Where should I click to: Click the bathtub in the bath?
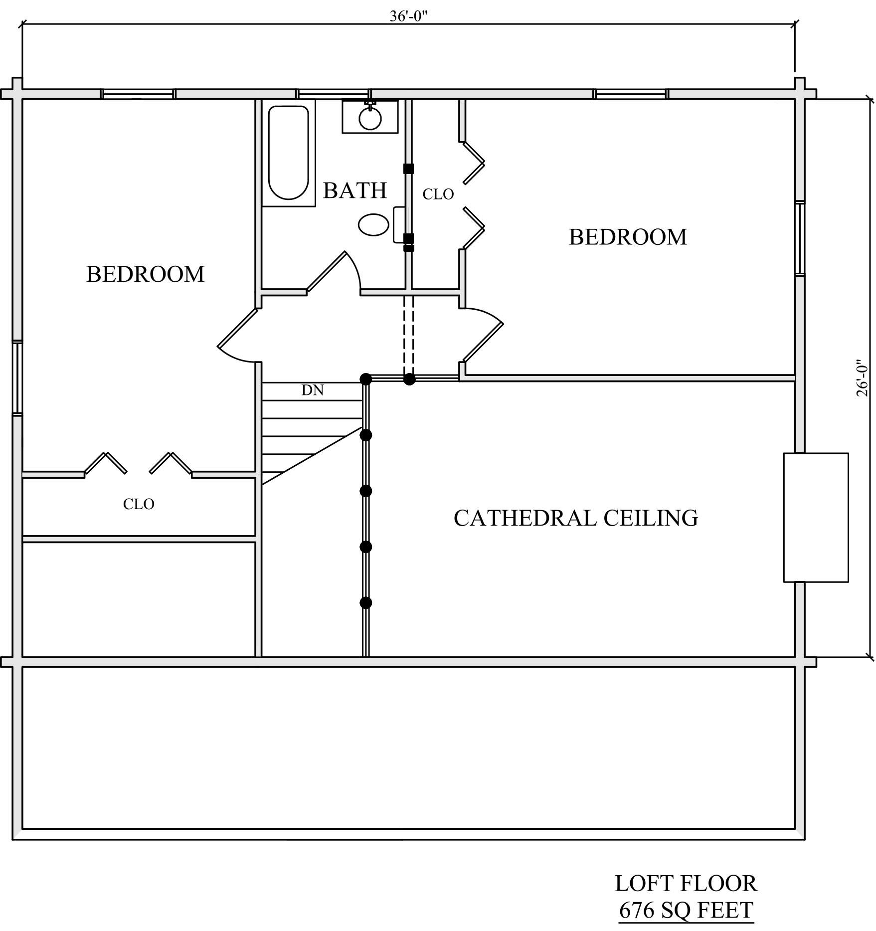coord(289,153)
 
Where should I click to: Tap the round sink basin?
coord(370,119)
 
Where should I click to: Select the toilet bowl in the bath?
coord(373,225)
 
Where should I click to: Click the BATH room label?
coord(355,190)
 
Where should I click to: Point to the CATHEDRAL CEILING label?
coord(576,518)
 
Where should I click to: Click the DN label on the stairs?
coord(313,390)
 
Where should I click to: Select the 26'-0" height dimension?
coord(862,378)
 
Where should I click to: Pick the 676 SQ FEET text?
coord(686,911)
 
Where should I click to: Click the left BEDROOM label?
coord(146,274)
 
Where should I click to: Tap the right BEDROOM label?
coord(628,237)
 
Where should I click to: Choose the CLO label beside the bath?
coord(438,194)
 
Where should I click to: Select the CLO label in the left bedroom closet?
coord(139,505)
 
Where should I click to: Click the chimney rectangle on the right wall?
coord(816,517)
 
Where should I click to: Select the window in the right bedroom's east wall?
coord(800,238)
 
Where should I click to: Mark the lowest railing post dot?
coord(366,603)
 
